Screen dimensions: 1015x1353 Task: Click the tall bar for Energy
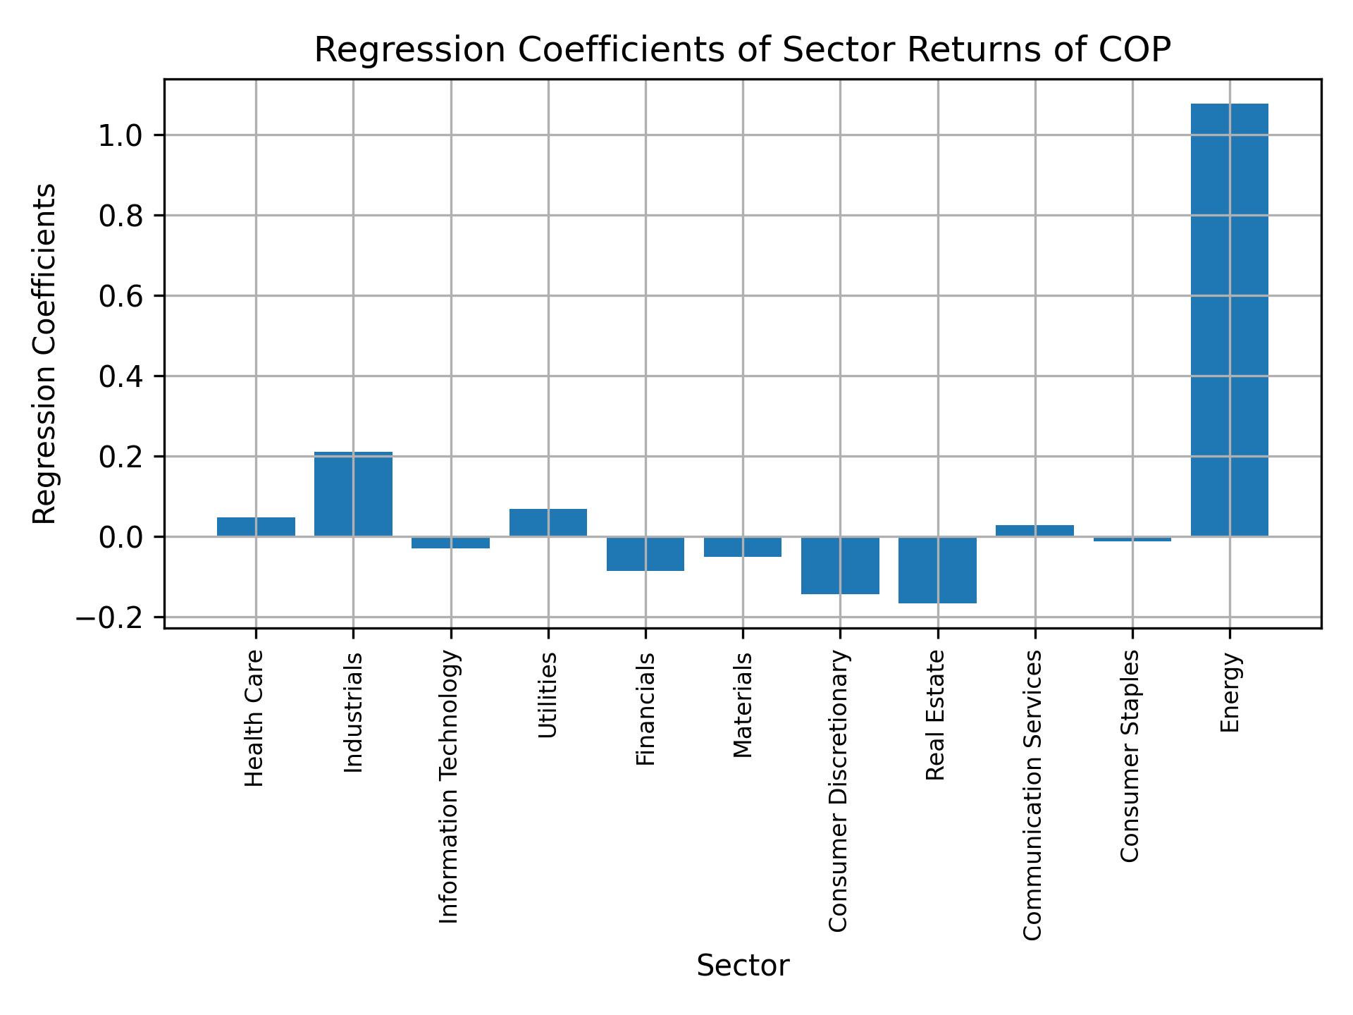1229,321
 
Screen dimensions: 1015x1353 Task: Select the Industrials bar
353,494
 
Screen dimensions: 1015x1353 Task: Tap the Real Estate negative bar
937,570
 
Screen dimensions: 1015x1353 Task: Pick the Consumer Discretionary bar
840,565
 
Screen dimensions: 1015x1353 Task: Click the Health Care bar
256,527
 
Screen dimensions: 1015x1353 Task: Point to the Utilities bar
548,522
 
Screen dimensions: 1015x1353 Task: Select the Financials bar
645,554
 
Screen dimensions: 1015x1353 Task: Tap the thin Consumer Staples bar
1132,539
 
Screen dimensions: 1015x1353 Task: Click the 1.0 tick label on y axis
121,135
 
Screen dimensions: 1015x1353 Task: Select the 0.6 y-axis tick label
121,297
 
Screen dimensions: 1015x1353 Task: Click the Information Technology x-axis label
450,787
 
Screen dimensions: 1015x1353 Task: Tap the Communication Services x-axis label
1033,794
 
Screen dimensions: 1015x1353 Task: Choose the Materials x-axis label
743,705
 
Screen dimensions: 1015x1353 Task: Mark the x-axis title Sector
743,966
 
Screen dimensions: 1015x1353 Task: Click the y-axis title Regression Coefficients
45,354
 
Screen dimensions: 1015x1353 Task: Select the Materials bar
743,547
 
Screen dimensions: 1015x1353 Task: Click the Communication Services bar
1034,531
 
